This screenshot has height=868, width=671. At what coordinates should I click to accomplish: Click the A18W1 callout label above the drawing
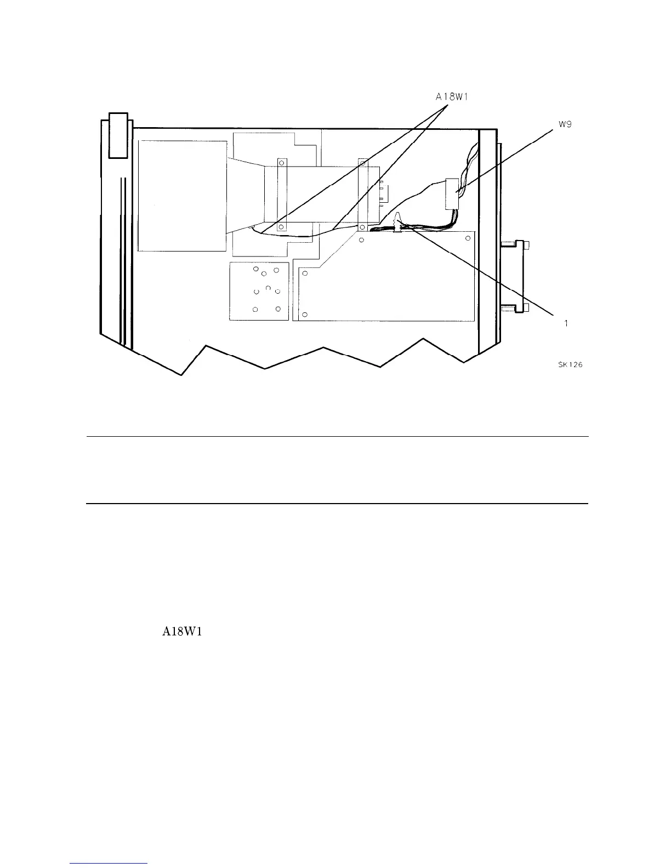tap(454, 96)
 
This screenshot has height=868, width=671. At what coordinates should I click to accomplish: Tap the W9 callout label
tap(566, 124)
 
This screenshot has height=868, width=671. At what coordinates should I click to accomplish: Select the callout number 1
tap(566, 323)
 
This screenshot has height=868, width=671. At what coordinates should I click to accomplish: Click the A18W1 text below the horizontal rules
tap(183, 632)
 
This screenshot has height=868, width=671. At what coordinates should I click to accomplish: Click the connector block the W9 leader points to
tap(452, 193)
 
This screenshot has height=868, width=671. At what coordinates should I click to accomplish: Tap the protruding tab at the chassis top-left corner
tap(118, 135)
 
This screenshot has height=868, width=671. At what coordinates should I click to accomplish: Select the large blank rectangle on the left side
tap(183, 196)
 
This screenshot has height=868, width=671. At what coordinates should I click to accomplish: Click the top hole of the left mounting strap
tap(282, 162)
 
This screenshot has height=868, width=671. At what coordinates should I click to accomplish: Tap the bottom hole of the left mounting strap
tap(281, 226)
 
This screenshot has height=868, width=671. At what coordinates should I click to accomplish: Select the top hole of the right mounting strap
tap(362, 163)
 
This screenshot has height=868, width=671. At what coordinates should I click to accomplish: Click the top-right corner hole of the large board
tap(468, 239)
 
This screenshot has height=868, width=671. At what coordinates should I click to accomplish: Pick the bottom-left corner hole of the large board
tap(305, 315)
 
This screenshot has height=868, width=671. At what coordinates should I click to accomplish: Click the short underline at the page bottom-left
tap(109, 864)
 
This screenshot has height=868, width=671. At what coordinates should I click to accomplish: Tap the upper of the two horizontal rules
tap(337, 437)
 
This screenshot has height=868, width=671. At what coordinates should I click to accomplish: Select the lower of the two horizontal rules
tap(337, 503)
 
